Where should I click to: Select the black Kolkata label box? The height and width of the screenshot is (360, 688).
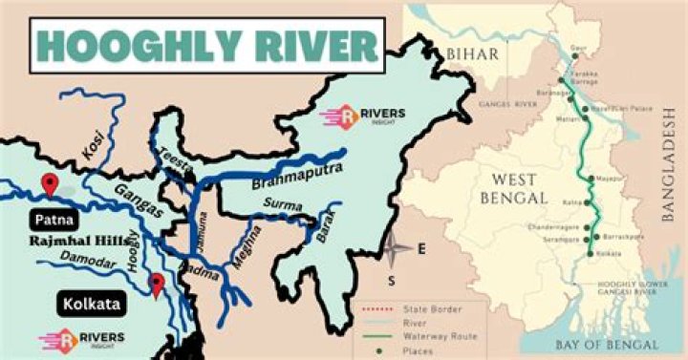pyautogui.click(x=92, y=305)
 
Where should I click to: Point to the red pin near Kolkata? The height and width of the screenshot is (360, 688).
pyautogui.click(x=157, y=284)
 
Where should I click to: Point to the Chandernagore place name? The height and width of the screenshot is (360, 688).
pyautogui.click(x=551, y=228)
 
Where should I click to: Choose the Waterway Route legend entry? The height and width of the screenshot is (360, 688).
pyautogui.click(x=449, y=336)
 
